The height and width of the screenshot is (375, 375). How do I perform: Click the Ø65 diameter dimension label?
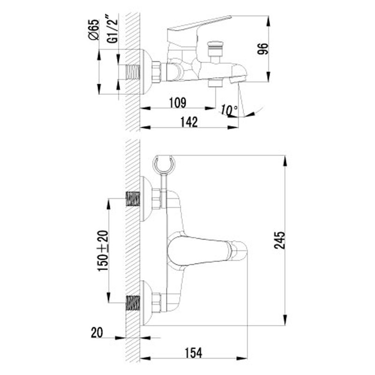coord(93,30)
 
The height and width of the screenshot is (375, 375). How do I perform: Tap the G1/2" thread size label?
coord(112,29)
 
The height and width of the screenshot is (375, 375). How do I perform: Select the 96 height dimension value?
coord(263,49)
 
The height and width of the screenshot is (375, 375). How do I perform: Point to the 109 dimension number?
coord(178,103)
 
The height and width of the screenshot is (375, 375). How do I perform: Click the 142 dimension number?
coord(189,122)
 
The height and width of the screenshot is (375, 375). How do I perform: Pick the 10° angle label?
coord(229,110)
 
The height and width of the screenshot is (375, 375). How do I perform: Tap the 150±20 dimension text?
coord(103,251)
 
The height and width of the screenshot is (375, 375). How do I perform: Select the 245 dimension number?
coord(280,240)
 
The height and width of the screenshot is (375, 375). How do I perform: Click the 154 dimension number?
coord(193,353)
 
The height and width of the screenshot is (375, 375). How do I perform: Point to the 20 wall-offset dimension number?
coord(97,332)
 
